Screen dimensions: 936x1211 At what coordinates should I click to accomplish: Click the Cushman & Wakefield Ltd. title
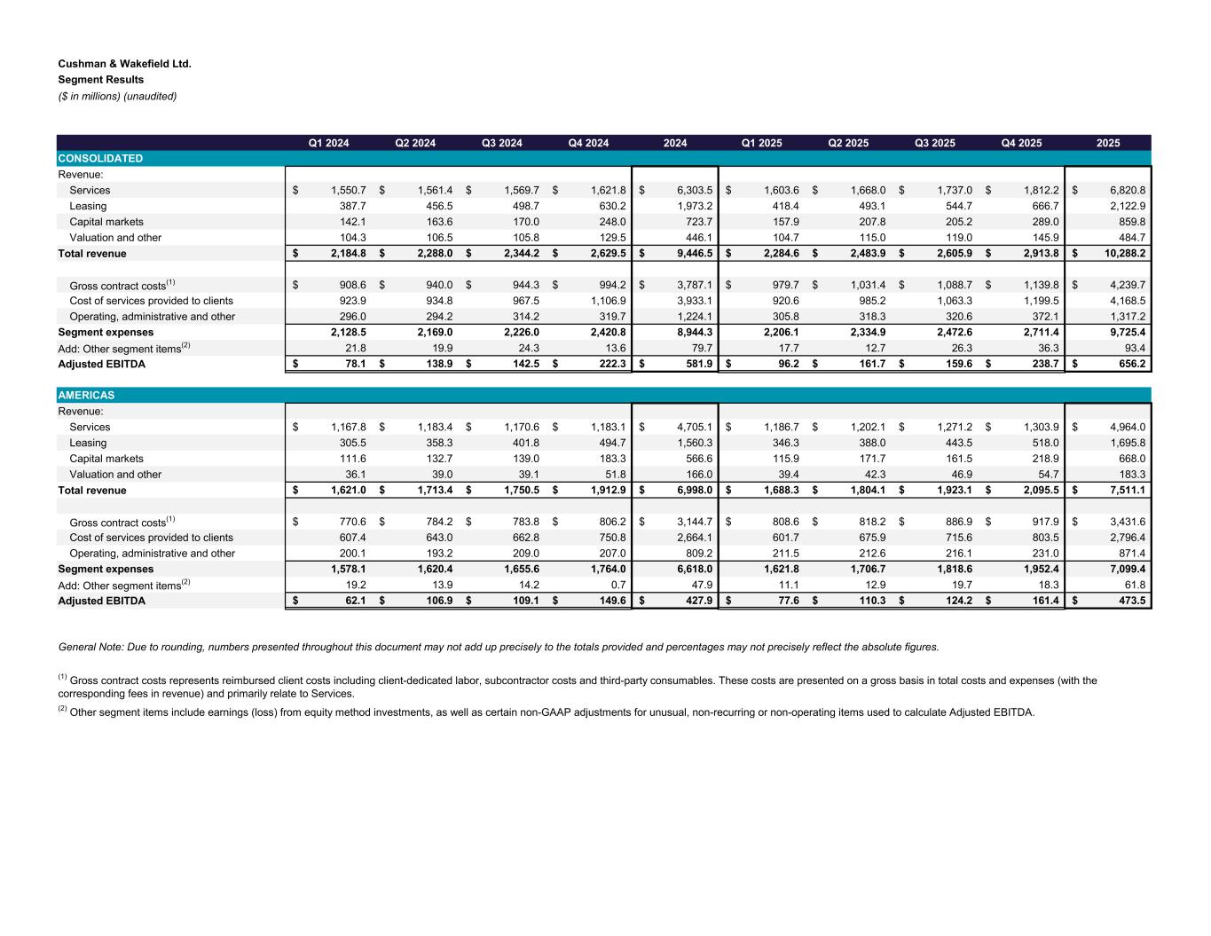click(x=124, y=64)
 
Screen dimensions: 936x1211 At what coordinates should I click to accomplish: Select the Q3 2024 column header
click(x=501, y=143)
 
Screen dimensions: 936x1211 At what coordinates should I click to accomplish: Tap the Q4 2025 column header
click(x=1021, y=143)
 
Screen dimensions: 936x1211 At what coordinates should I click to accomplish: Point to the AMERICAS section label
click(x=86, y=396)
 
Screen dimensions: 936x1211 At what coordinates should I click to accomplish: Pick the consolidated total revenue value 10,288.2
click(x=1121, y=254)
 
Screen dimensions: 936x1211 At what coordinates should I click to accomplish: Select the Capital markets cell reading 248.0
click(x=612, y=222)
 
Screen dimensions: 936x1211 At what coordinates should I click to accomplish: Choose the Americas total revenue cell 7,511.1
click(x=1124, y=491)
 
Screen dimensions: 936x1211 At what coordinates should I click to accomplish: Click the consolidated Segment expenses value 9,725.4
click(x=1124, y=333)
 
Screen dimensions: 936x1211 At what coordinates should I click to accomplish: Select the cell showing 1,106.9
click(x=607, y=301)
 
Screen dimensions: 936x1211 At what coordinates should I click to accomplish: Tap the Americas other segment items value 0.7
click(x=617, y=586)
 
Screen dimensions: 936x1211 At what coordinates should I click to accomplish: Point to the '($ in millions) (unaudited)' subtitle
click(x=117, y=96)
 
